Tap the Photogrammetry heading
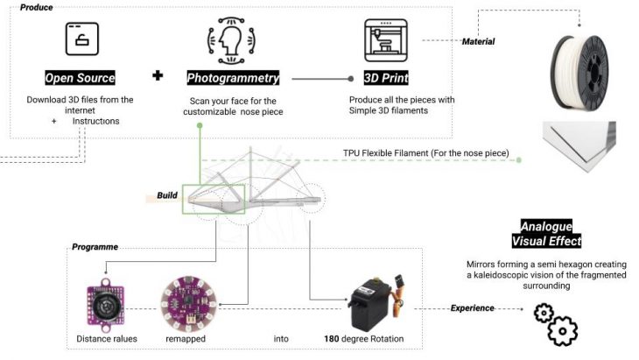click(233, 78)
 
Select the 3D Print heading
click(385, 78)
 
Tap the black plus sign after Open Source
click(158, 76)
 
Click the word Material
click(479, 41)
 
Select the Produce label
click(35, 7)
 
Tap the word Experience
click(473, 308)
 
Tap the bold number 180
click(333, 337)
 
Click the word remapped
click(185, 337)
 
